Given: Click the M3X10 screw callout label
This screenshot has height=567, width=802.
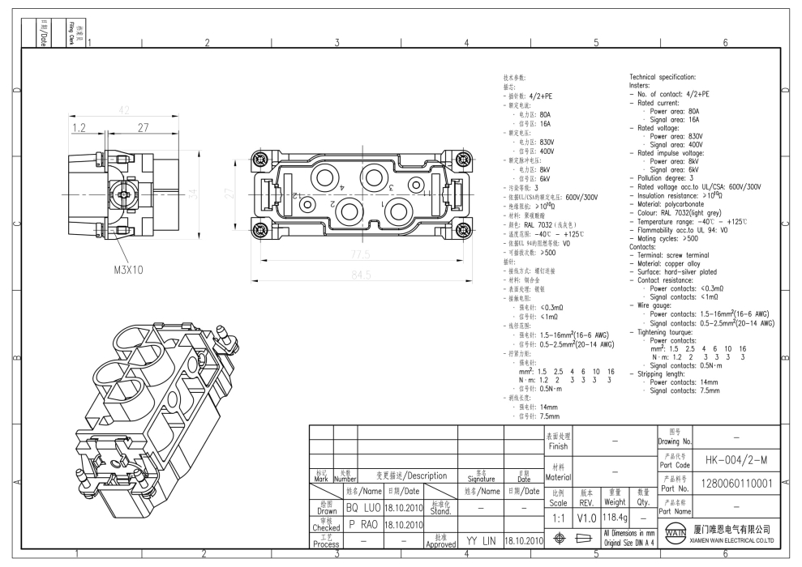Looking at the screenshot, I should click(x=130, y=270).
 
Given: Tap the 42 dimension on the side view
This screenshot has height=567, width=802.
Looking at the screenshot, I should click(x=124, y=110).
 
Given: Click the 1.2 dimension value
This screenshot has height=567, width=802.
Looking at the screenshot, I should click(x=79, y=127).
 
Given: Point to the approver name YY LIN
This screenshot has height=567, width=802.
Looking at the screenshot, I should click(x=482, y=539).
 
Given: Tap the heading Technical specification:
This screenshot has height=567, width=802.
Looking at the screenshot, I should click(x=663, y=77).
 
